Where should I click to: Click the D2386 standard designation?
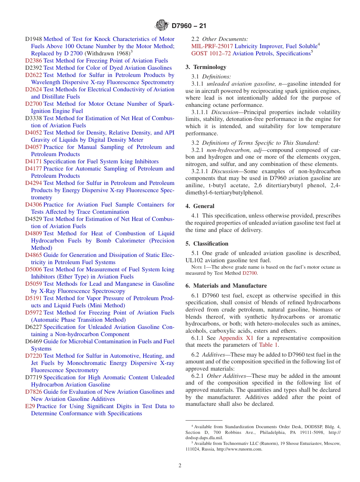[x=33, y=61]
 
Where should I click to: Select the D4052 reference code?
[x=33, y=133]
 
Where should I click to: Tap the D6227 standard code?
[x=33, y=327]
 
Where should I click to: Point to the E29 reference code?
[x=30, y=406]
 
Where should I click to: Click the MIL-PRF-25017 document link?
[x=212, y=46]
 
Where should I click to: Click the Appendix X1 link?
[x=236, y=338]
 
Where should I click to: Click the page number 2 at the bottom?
[x=180, y=466]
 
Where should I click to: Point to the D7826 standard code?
[x=33, y=392]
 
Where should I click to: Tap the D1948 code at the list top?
[x=33, y=39]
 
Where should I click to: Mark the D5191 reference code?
[x=33, y=298]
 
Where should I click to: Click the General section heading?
[x=203, y=206]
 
